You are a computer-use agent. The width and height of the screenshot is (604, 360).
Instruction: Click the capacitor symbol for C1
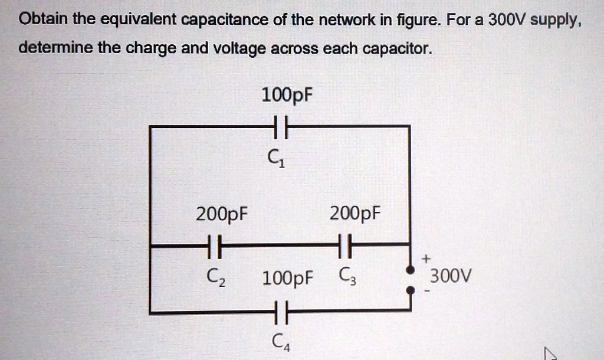coord(279,126)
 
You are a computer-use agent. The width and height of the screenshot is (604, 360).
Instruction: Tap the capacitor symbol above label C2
coord(214,243)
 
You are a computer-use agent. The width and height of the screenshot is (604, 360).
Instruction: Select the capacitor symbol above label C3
coord(346,243)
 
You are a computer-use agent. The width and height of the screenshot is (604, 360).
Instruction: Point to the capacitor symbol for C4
coord(280,310)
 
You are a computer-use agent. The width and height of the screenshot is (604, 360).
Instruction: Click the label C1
coord(276,158)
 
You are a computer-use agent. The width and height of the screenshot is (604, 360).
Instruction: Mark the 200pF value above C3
coord(355,212)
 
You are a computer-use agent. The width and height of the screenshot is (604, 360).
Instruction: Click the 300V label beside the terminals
coord(451,276)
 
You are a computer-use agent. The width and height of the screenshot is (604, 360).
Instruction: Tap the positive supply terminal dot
coord(409,270)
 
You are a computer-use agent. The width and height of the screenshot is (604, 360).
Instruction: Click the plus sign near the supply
coord(426,258)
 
